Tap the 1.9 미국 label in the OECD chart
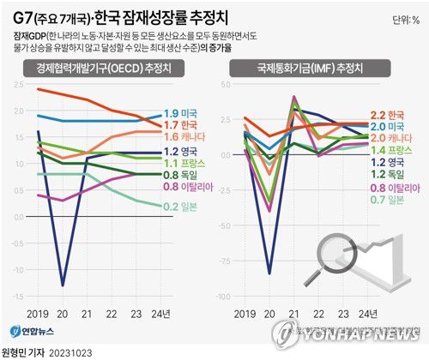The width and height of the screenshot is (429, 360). (x=181, y=113)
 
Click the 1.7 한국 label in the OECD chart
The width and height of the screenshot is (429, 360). (x=181, y=125)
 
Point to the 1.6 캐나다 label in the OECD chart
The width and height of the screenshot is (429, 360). (x=184, y=137)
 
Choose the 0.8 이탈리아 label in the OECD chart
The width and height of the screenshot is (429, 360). (x=187, y=186)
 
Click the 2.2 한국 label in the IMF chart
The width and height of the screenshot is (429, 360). (x=389, y=114)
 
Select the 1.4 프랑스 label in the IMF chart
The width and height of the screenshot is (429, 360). (x=391, y=149)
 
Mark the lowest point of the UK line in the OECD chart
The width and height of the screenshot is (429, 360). (x=62, y=285)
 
